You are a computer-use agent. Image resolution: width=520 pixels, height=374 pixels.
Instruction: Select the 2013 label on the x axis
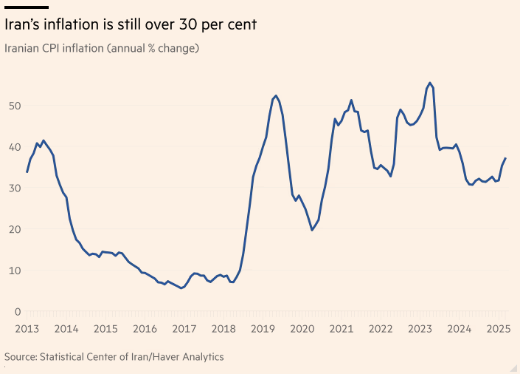[x=27, y=328]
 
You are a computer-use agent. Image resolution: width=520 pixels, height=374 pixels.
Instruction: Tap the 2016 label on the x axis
[x=145, y=328]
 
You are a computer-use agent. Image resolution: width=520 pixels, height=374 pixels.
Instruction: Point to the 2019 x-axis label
[x=263, y=328]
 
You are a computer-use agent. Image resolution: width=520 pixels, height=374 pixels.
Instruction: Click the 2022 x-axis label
[x=381, y=328]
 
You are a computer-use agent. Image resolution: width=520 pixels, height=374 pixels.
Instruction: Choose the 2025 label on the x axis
[x=499, y=328]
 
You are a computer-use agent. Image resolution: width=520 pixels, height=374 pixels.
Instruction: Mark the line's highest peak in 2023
[x=430, y=83]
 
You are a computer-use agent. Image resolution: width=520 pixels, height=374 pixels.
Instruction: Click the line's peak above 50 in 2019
[x=275, y=96]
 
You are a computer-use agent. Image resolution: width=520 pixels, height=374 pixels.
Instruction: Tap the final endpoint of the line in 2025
[x=505, y=158]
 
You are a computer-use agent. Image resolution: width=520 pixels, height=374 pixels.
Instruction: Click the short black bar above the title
[x=27, y=7]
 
